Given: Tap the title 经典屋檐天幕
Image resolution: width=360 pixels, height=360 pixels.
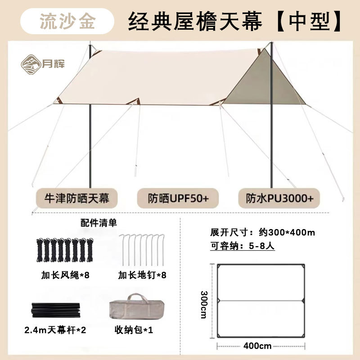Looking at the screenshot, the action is (194, 21).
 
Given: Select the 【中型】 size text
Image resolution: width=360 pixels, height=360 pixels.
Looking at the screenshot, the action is (309, 21).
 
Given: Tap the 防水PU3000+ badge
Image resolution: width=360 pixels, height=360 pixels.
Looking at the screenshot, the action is (282, 198).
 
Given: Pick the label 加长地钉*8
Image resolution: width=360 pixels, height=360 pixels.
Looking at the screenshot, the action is (143, 274).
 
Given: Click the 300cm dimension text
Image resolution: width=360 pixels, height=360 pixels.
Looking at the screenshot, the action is (203, 304).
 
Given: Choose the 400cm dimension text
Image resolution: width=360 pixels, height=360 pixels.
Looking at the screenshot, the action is (259, 346).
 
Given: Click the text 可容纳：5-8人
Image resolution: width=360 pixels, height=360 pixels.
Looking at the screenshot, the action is (246, 246).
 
